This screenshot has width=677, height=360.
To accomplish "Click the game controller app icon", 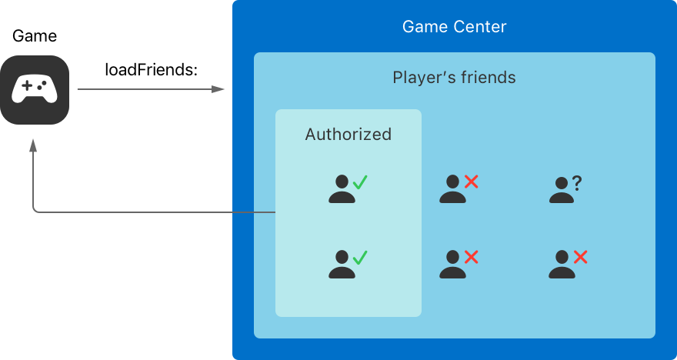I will pyautogui.click(x=35, y=90).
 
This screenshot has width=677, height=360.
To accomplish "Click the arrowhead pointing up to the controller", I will pyautogui.click(x=33, y=146).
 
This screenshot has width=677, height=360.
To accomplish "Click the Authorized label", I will pyautogui.click(x=348, y=135).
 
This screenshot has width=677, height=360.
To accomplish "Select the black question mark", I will pyautogui.click(x=577, y=183).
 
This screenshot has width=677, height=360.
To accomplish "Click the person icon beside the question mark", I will pyautogui.click(x=562, y=190).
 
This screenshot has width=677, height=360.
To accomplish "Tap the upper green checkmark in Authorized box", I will pyautogui.click(x=359, y=182).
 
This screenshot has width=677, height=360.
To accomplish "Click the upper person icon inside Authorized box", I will pyautogui.click(x=342, y=189).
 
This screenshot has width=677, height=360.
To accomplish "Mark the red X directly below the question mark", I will pyautogui.click(x=581, y=257).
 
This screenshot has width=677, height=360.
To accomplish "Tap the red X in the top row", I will pyautogui.click(x=472, y=182).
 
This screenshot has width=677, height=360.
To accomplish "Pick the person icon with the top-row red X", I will pyautogui.click(x=452, y=189).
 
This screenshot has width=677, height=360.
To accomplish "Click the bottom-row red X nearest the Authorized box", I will pyautogui.click(x=472, y=257).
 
